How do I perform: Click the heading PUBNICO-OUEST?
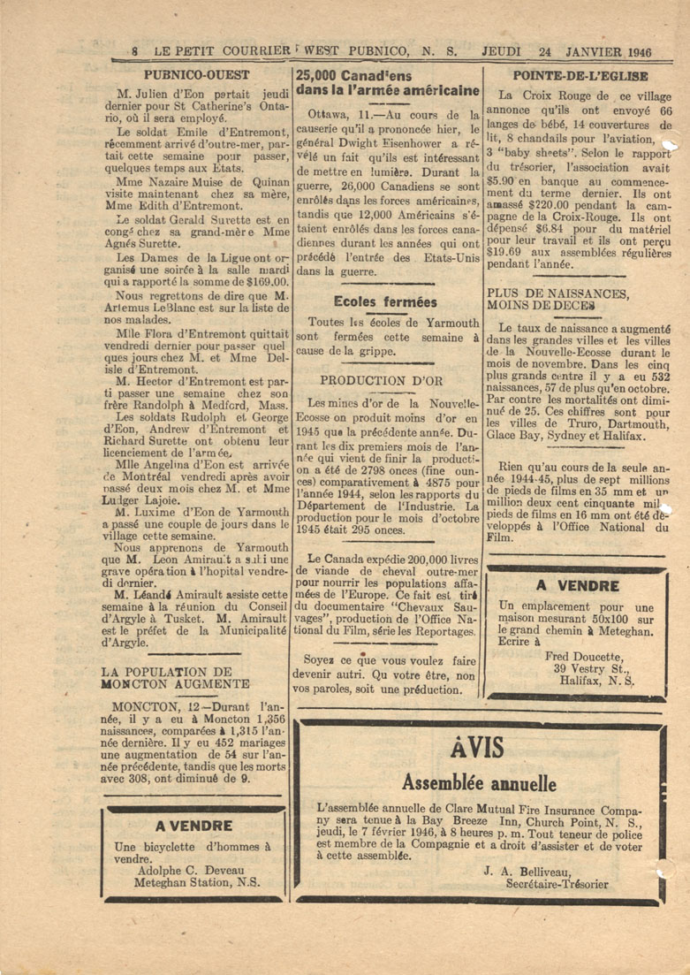click(x=196, y=75)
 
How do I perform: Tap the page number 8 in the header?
click(x=134, y=51)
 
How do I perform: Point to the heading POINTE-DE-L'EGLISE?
click(x=580, y=75)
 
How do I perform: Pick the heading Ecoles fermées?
click(x=385, y=301)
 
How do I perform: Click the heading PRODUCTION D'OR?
click(x=387, y=380)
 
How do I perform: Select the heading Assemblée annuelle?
click(x=478, y=783)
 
